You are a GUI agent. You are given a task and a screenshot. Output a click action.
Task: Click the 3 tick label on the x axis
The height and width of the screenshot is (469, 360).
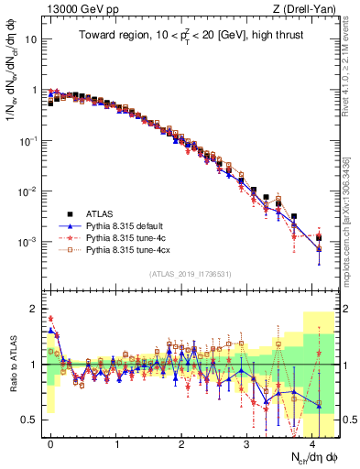coord(247,442)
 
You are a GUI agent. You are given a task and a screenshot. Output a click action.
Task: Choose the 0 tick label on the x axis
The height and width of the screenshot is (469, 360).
coord(51,442)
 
